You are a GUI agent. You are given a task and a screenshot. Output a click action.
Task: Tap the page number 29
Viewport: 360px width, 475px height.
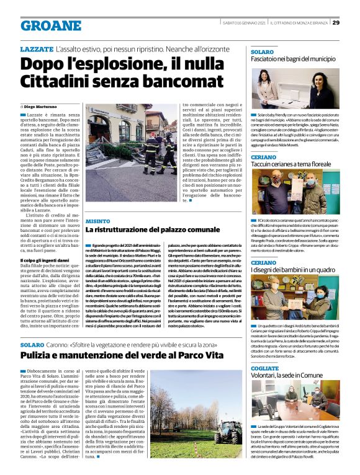point(336,23)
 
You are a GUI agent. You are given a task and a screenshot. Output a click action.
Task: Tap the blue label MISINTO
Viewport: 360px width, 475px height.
point(98,220)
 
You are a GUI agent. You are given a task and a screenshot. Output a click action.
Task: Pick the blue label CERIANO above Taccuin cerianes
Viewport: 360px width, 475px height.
point(263,158)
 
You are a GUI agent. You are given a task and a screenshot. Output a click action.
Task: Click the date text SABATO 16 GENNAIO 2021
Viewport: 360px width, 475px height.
point(245,23)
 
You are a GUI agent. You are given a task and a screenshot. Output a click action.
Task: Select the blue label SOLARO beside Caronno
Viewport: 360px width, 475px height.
point(32,344)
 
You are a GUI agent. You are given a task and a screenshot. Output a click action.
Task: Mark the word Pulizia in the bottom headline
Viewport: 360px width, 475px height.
point(38,356)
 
